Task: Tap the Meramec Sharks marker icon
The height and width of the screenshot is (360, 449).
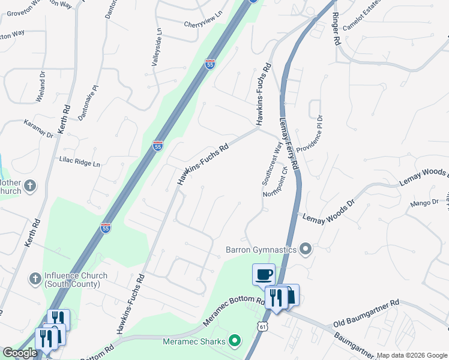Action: click(x=234, y=342)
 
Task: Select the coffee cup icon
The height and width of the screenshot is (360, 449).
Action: click(x=264, y=275)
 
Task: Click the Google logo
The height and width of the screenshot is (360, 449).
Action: click(x=20, y=353)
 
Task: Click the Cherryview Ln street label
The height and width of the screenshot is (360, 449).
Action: click(x=203, y=23)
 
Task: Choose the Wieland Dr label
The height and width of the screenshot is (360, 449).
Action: click(x=41, y=87)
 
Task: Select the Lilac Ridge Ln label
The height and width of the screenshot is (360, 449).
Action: click(x=79, y=161)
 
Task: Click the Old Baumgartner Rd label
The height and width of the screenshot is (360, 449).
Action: click(x=366, y=314)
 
